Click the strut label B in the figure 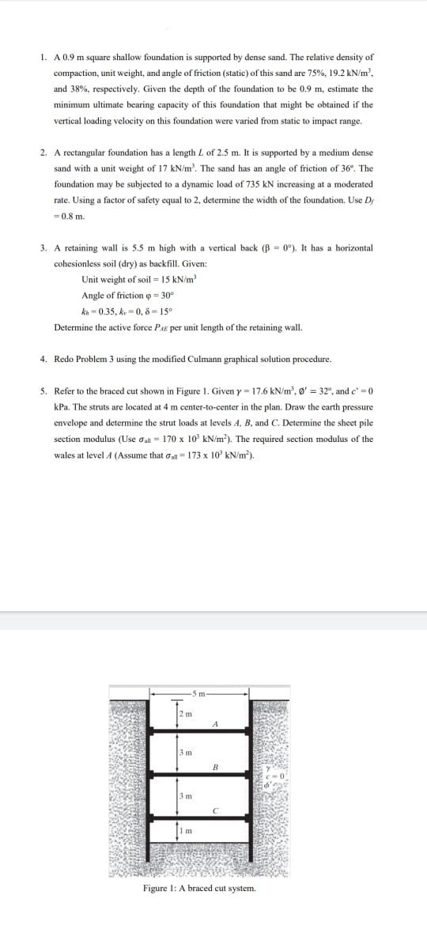[x=215, y=768]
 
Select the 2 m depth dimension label [x=184, y=715]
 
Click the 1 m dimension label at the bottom [x=184, y=829]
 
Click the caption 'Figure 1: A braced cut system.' [x=199, y=889]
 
